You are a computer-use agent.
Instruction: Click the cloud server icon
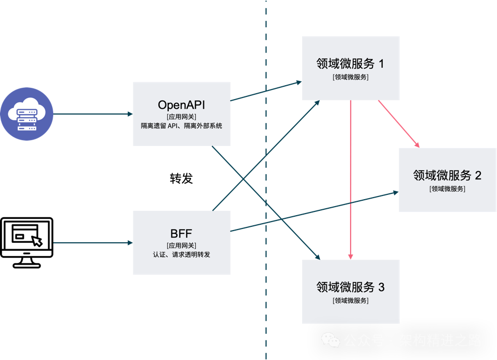pyautogui.click(x=27, y=114)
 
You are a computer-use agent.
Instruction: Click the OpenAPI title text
pyautogui.click(x=181, y=104)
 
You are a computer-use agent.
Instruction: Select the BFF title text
pyautogui.click(x=181, y=233)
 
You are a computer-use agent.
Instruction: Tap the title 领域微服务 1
pyautogui.click(x=350, y=64)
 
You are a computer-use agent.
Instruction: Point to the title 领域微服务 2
pyautogui.click(x=447, y=175)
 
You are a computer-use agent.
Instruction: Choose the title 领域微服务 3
pyautogui.click(x=350, y=288)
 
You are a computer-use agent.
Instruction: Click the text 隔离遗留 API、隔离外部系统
pyautogui.click(x=181, y=126)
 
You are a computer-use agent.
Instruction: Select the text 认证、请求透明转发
pyautogui.click(x=181, y=255)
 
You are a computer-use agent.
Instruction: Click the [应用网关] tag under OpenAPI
pyautogui.click(x=181, y=116)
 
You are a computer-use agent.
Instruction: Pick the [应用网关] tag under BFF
pyautogui.click(x=181, y=245)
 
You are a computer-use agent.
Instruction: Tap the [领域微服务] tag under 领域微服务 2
pyautogui.click(x=447, y=188)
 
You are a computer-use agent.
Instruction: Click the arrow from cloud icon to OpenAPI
pyautogui.click(x=93, y=113)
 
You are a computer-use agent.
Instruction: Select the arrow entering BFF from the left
pyautogui.click(x=93, y=243)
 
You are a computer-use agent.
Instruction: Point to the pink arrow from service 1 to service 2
pyautogui.click(x=399, y=124)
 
